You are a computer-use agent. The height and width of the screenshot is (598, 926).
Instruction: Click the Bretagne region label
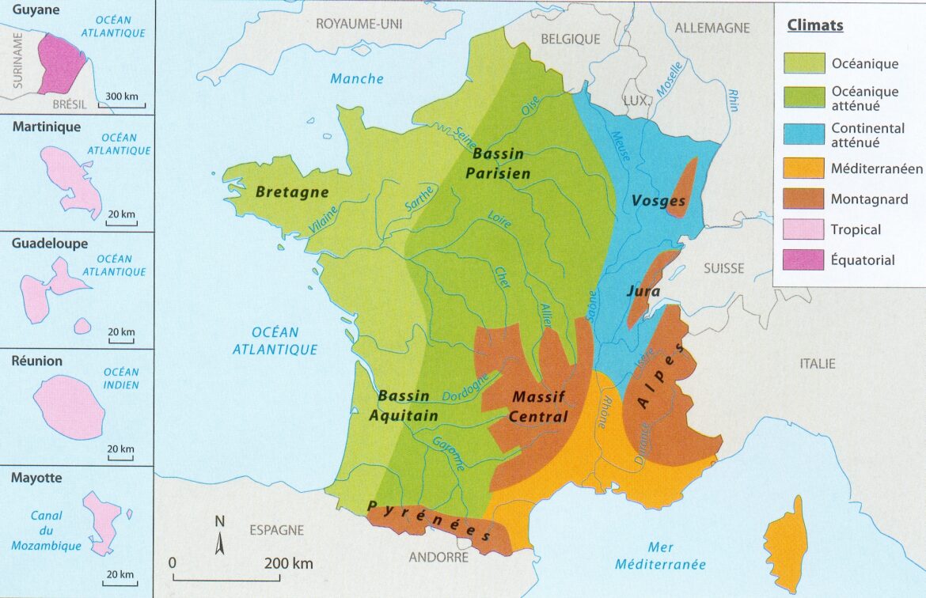[292, 192]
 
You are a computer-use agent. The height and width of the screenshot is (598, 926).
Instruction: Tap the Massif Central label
[540, 407]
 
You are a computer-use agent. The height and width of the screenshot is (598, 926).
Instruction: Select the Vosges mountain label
[658, 201]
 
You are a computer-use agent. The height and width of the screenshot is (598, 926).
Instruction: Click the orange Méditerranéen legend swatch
[804, 168]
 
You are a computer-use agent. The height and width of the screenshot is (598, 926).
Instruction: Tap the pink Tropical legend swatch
[804, 230]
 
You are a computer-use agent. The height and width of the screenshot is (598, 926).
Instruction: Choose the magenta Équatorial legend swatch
[804, 260]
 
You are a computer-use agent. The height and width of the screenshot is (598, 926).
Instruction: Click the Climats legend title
[814, 25]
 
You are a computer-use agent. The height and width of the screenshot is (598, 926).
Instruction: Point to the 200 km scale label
[289, 564]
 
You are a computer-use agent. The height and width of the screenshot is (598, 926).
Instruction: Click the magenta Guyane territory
[60, 63]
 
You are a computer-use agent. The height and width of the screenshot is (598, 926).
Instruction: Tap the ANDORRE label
[439, 557]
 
